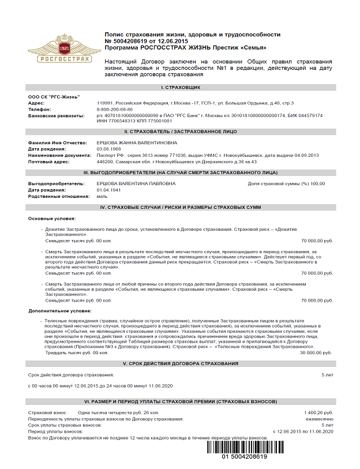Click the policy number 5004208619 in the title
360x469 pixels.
[x=132, y=42]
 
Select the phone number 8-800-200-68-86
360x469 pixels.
[x=115, y=109]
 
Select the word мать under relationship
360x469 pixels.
[x=102, y=196]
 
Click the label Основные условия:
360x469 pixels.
[x=51, y=219]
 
